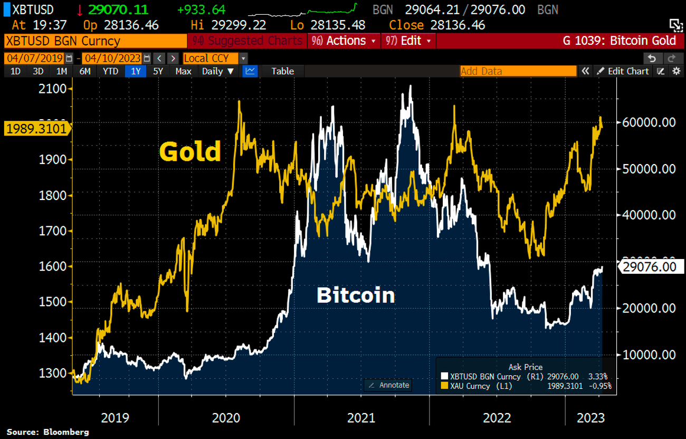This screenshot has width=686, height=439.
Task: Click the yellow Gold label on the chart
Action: (x=190, y=152)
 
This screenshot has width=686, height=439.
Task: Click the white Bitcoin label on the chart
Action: (x=356, y=295)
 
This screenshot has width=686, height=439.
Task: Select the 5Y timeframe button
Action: (x=158, y=71)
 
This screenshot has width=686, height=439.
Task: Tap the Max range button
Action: (x=183, y=71)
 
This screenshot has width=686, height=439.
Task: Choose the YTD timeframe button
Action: (x=110, y=71)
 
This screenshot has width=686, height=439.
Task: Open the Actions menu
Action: (x=345, y=41)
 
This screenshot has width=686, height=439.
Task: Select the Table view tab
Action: (x=282, y=71)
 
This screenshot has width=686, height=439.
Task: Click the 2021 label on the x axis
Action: (x=361, y=418)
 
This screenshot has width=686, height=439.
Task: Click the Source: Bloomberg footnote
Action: (x=47, y=432)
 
